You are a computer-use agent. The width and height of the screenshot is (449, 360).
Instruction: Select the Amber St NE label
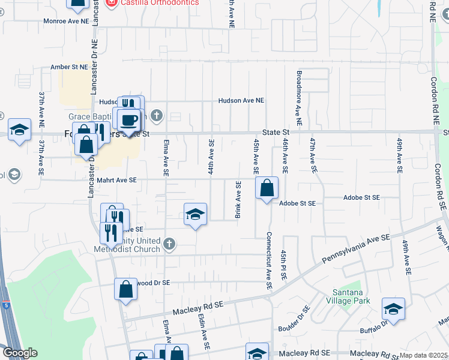(70, 67)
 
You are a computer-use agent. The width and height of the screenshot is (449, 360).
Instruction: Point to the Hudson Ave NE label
(241, 101)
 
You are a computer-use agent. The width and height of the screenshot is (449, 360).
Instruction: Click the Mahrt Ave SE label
(116, 180)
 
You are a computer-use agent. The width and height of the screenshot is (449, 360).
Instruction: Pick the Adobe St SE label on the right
(362, 197)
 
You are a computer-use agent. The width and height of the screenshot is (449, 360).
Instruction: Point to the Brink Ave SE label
(239, 200)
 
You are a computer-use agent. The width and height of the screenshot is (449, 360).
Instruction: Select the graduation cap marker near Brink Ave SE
(194, 214)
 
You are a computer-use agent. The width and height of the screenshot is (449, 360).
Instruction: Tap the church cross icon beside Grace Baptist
(157, 115)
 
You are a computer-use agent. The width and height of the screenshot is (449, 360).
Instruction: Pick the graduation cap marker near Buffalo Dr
(393, 309)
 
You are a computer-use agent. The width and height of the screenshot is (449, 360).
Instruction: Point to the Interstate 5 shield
(5, 305)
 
